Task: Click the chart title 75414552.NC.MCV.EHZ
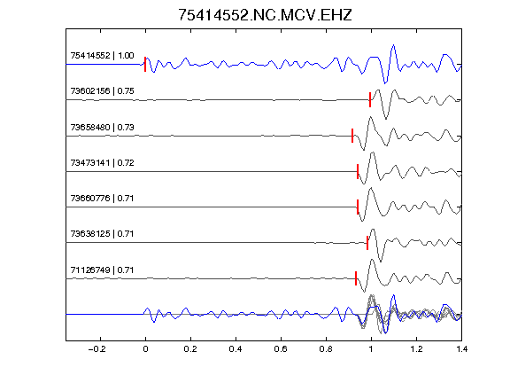(265, 15)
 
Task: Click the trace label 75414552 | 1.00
(102, 56)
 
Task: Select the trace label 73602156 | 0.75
(102, 90)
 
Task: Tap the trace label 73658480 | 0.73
(102, 127)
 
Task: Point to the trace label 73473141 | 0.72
(102, 162)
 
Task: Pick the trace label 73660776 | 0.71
(102, 198)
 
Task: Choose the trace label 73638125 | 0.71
(102, 233)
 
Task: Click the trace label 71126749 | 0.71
(102, 270)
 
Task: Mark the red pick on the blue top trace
(145, 64)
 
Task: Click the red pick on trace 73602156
(370, 99)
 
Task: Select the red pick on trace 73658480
(352, 136)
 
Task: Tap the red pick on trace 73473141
(358, 171)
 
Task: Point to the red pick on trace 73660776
(358, 207)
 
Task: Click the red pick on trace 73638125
(367, 243)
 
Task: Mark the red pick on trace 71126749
(356, 278)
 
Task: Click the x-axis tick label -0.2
(97, 349)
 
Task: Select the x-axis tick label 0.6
(281, 349)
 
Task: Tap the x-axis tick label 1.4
(461, 349)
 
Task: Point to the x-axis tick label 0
(145, 349)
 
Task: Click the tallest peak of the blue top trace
(393, 45)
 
